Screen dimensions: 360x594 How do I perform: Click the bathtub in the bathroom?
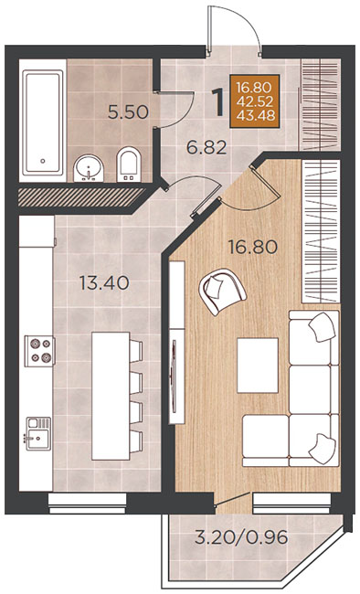[x=42, y=122]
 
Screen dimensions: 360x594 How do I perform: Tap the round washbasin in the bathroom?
[x=89, y=168]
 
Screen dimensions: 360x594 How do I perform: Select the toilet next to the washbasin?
[x=129, y=164]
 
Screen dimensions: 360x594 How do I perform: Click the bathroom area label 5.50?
[x=128, y=112]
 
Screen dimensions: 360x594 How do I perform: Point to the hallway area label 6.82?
[x=206, y=147]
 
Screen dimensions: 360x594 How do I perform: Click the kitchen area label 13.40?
[x=104, y=283]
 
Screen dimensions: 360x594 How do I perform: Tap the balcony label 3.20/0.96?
[x=241, y=537]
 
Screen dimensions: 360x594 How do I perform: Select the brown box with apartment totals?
[x=254, y=101]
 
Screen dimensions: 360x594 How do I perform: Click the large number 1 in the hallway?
[x=217, y=101]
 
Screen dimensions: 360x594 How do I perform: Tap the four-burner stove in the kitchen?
[x=39, y=351]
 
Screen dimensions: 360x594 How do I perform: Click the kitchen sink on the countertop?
[x=38, y=433]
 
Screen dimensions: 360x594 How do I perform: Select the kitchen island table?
[x=111, y=396]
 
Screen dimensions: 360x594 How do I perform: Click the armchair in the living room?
[x=222, y=292]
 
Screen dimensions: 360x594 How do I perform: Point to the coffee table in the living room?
[x=258, y=366]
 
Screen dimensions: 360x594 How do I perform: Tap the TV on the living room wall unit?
[x=174, y=377]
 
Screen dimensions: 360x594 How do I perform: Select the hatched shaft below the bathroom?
[x=81, y=197]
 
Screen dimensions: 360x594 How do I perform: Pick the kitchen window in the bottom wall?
[x=87, y=504]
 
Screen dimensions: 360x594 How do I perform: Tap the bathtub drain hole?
[x=43, y=161]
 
